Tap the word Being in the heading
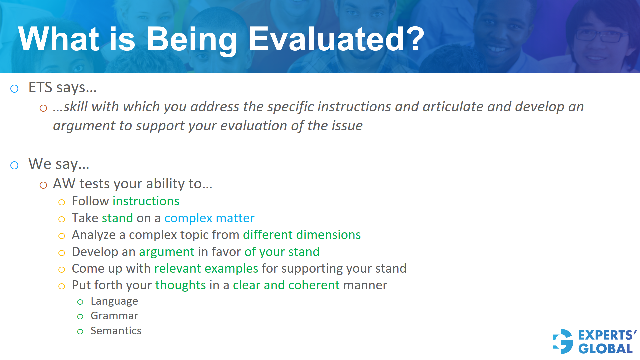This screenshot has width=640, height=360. [x=191, y=39]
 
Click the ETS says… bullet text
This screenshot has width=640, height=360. [x=62, y=88]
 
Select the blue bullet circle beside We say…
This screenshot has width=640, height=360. [x=14, y=165]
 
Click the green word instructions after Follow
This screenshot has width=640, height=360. [x=146, y=201]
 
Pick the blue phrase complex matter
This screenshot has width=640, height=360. [x=209, y=218]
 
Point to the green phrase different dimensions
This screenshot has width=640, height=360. [x=301, y=235]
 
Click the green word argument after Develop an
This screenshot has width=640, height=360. [x=166, y=252]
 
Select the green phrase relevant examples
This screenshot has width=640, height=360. [x=206, y=268]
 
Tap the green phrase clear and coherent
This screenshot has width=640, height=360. [x=286, y=285]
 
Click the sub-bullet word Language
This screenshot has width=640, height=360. [x=114, y=301]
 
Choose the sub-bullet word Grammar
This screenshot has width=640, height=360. [x=114, y=316]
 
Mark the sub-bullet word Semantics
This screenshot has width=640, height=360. [x=116, y=331]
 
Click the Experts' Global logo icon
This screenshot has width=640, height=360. [x=563, y=341]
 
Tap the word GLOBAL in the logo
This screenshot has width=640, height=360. [x=605, y=349]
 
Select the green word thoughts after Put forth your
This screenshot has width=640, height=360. [x=180, y=285]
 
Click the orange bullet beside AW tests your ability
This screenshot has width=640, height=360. [x=43, y=185]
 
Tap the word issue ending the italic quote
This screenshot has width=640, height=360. [x=349, y=126]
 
